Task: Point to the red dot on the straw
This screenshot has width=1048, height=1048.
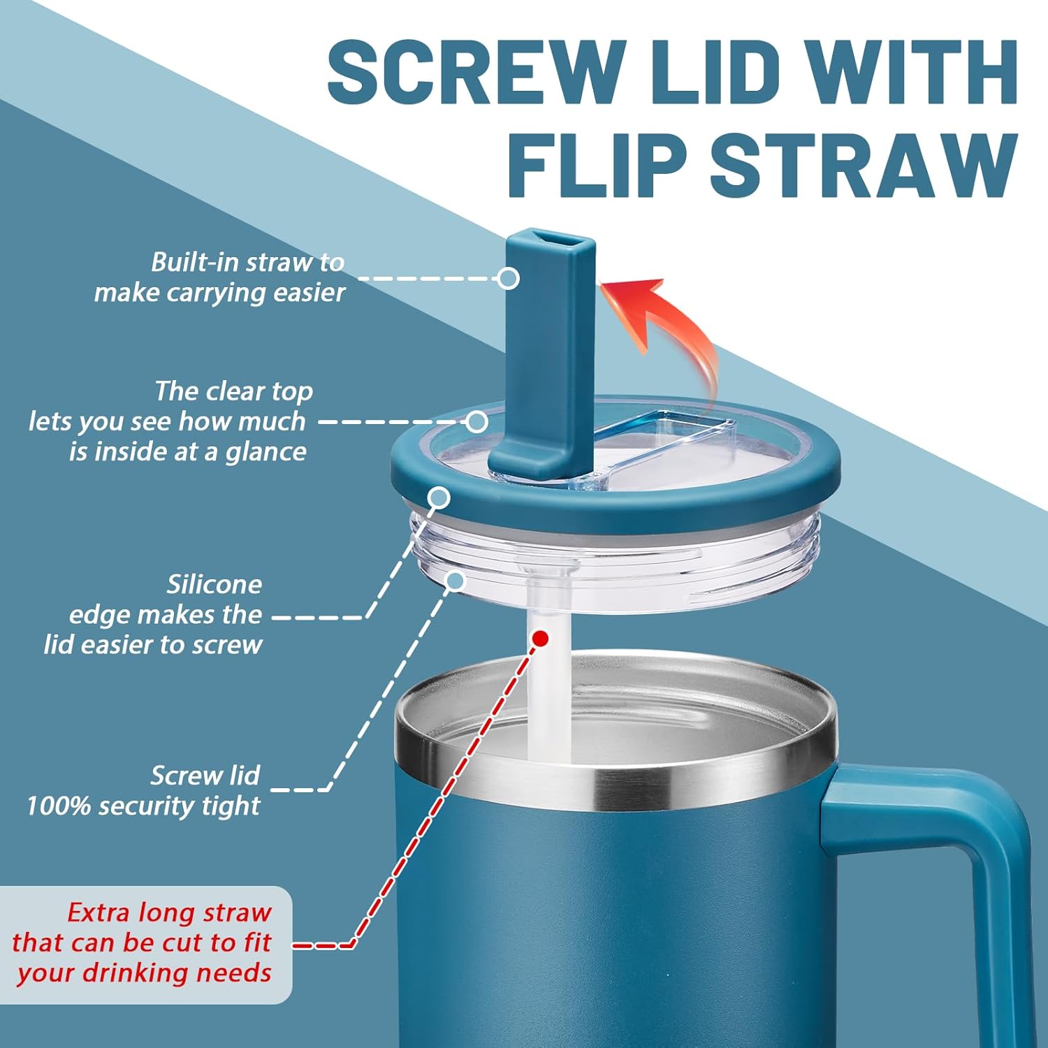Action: tap(540, 638)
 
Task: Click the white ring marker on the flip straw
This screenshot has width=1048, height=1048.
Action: tap(509, 278)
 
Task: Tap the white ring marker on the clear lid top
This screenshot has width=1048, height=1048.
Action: tap(476, 421)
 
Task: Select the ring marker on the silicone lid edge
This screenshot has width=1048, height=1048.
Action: tap(439, 498)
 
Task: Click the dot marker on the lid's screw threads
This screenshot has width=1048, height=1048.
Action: tap(455, 581)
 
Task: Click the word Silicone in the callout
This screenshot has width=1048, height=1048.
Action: tap(214, 584)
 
